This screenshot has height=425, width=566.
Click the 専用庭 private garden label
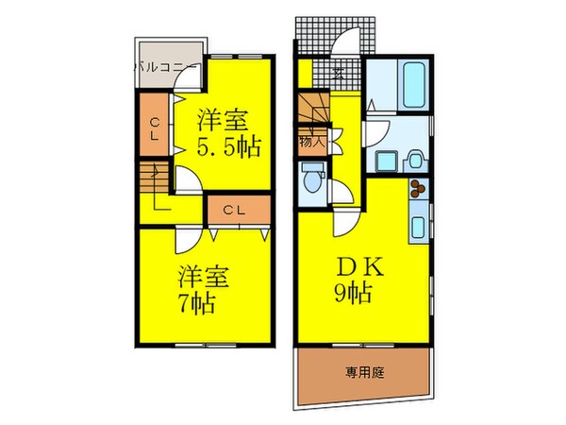click(358, 372)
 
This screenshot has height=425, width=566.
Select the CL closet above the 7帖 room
click(235, 210)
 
